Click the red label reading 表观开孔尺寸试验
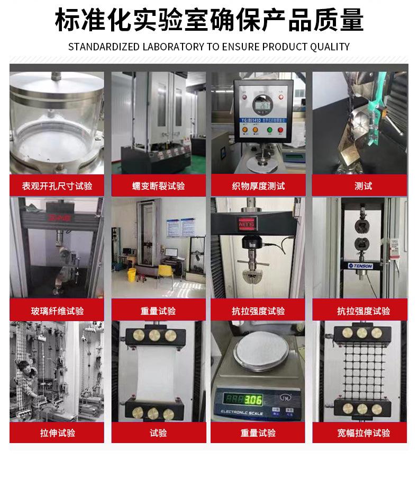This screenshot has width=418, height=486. point(57,186)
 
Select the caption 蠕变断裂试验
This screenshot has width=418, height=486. point(158,186)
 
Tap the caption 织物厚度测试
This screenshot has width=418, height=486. point(258,186)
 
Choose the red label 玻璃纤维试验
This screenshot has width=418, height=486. point(57,311)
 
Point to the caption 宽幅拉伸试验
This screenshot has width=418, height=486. point(364,433)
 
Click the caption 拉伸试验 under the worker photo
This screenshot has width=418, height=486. point(57,433)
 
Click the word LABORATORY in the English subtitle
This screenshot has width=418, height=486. point(173,47)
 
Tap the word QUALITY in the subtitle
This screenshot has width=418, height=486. point(329,47)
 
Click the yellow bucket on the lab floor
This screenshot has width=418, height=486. point(132,275)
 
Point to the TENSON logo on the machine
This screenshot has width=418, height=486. point(360,265)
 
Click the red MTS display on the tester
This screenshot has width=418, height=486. point(247,223)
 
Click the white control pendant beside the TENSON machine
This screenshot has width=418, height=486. point(393,247)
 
